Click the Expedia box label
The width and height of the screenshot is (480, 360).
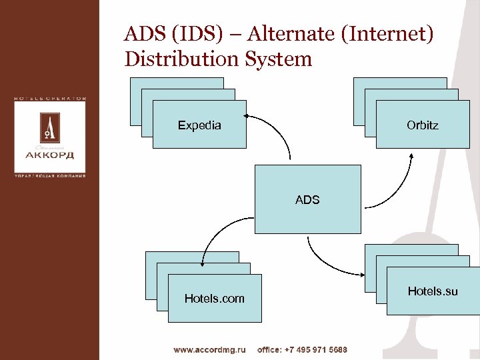pos(199,125)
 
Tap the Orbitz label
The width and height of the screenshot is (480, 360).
pos(422,125)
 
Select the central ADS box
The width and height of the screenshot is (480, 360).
pos(307,199)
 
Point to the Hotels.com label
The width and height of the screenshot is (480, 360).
pos(214,298)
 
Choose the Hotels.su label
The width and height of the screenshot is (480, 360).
pos(433,291)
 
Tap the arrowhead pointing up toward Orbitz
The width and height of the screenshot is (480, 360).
pos(412,158)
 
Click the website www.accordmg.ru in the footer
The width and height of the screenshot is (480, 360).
pos(210,349)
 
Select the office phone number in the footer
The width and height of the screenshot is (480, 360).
pos(302,349)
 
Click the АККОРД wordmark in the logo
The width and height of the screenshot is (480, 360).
pos(51,155)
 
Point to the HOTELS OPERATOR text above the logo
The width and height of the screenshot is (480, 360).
pos(51,98)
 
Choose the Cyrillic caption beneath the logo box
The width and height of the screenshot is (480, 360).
pos(51,177)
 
